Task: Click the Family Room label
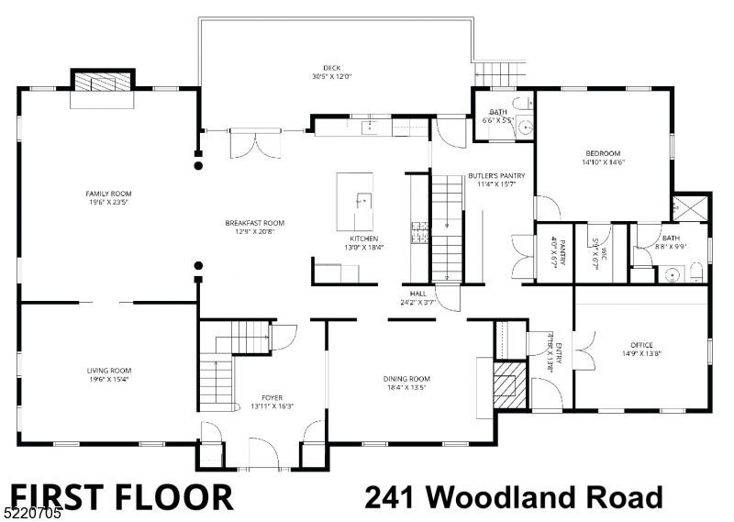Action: (108, 194)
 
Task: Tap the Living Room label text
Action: (107, 371)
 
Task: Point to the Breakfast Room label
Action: (255, 223)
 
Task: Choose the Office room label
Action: (641, 345)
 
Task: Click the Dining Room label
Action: (406, 379)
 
